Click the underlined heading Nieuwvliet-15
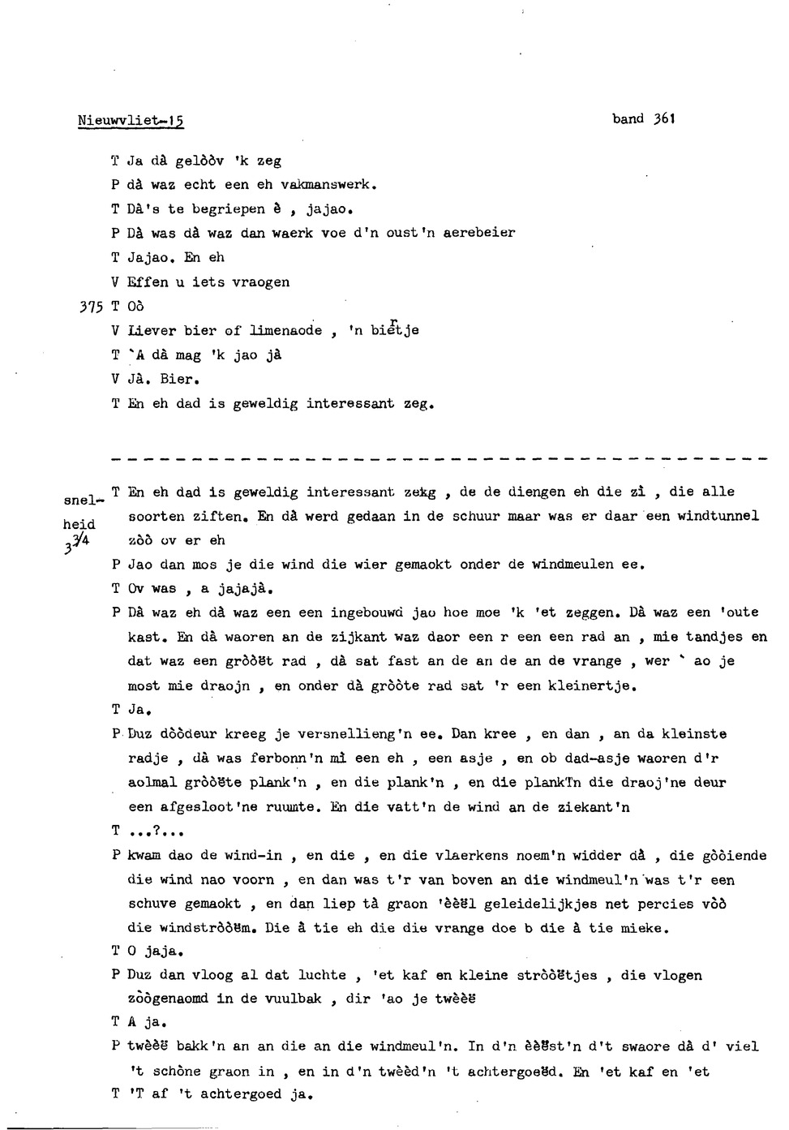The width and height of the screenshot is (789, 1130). pos(131,121)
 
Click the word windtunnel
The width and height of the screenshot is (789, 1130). pos(718,516)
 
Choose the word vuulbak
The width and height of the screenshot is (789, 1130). pos(293,1000)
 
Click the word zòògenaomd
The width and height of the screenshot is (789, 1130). pos(168,1000)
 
